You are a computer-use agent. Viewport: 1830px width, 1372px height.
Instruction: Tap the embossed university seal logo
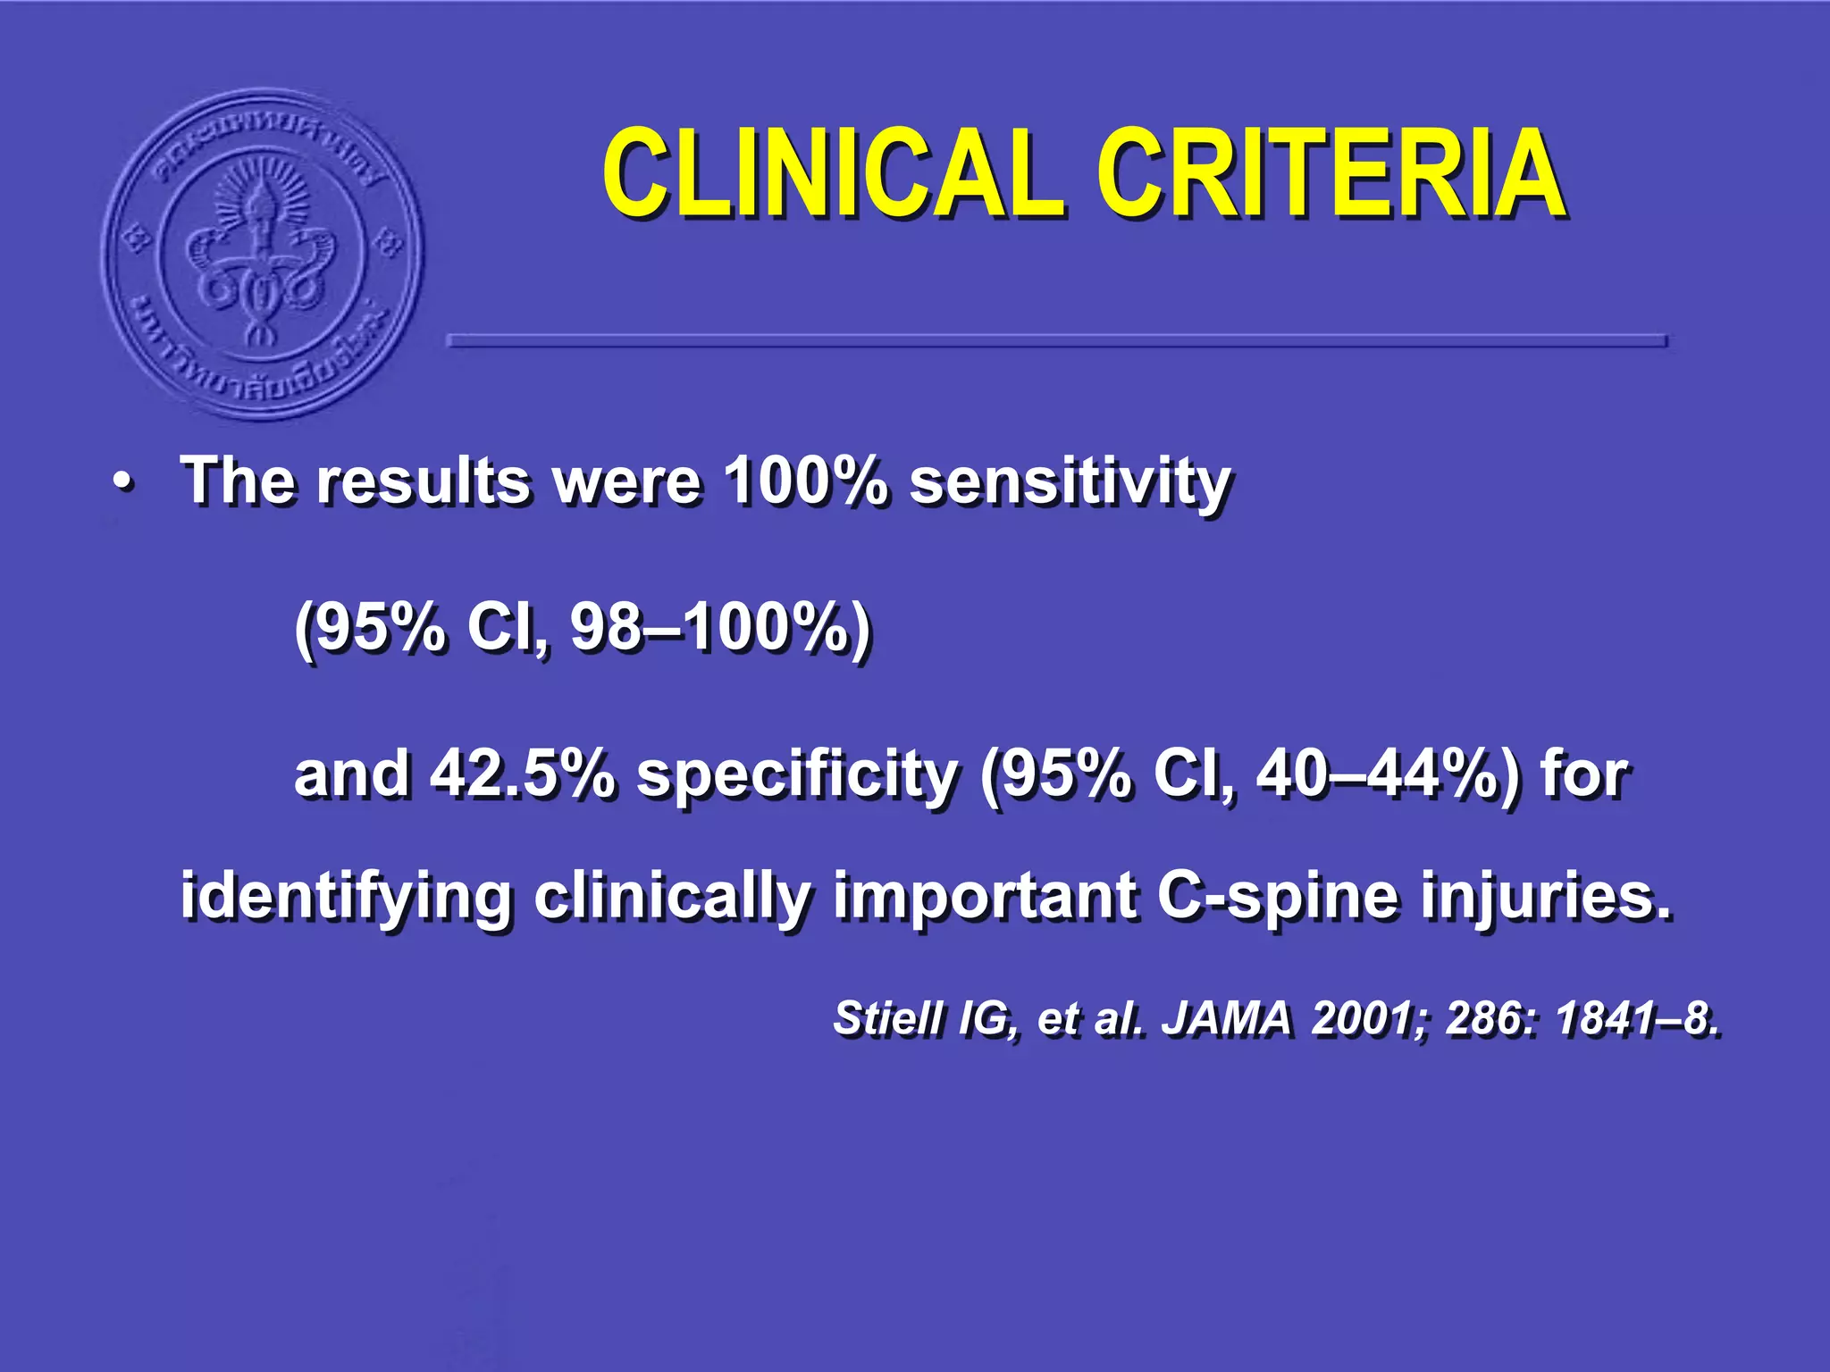(263, 255)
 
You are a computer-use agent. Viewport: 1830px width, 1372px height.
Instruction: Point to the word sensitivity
(1070, 483)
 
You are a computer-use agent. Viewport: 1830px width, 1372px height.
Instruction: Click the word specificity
(797, 774)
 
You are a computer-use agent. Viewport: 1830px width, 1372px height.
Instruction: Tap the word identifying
(347, 896)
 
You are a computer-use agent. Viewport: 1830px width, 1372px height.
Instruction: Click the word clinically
(674, 896)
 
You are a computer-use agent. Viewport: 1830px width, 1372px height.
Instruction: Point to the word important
(986, 896)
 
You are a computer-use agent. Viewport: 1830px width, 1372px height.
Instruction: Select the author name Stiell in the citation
(887, 1018)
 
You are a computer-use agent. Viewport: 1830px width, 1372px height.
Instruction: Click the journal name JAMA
(1226, 1018)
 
